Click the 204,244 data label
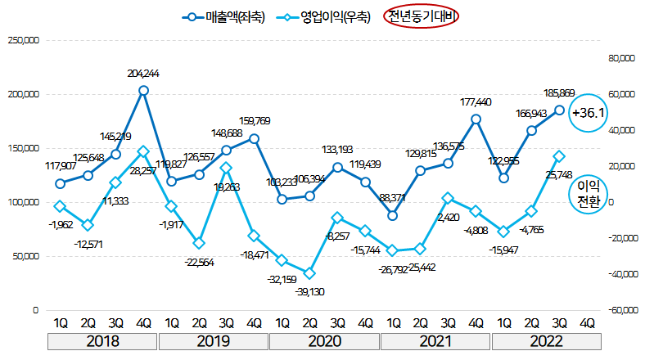[143, 74]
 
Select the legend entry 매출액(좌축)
[225, 16]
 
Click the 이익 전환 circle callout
[589, 193]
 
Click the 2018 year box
[102, 341]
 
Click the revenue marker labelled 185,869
[560, 110]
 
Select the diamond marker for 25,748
[560, 155]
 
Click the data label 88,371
[394, 197]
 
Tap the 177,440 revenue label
[476, 102]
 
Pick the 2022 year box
[546, 341]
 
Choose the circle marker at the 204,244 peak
[143, 91]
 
